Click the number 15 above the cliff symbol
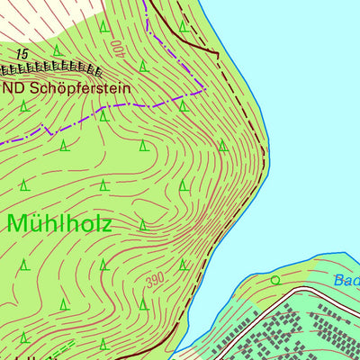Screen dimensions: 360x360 click(x=22, y=55)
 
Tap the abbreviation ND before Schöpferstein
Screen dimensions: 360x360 click(x=13, y=89)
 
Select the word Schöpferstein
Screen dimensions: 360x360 click(x=80, y=89)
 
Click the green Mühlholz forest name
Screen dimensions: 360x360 click(x=60, y=224)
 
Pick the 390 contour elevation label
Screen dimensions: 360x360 click(x=155, y=282)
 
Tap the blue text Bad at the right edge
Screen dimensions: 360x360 click(x=346, y=281)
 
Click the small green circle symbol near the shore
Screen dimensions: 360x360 click(x=275, y=280)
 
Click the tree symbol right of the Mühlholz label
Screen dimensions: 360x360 click(x=143, y=224)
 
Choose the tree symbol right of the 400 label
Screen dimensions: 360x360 click(x=143, y=66)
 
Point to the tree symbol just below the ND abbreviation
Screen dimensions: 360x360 click(x=24, y=105)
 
